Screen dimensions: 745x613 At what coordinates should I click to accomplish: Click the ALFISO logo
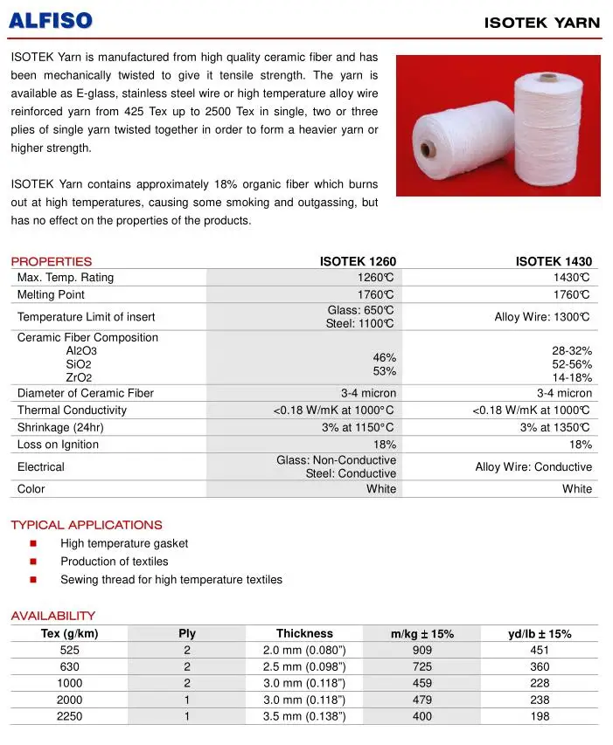pos(51,20)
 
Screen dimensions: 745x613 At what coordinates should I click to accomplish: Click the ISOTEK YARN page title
pos(542,23)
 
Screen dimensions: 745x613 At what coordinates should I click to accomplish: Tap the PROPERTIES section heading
pos(51,261)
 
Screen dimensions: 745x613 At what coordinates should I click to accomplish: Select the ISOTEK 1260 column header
pos(358,261)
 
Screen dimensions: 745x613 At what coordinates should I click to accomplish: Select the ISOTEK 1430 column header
pos(554,261)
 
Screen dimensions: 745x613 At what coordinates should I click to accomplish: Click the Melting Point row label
pos(51,295)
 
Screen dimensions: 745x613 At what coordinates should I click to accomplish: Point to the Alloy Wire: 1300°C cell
pos(542,317)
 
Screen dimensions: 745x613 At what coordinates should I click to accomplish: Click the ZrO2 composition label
pos(80,377)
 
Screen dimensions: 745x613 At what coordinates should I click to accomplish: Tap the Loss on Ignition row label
pos(58,445)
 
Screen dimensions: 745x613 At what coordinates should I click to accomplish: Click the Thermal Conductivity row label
pos(72,410)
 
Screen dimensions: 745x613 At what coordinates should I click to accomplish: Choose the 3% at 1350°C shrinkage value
pos(555,428)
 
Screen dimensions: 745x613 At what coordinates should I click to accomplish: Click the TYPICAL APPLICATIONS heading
pos(86,525)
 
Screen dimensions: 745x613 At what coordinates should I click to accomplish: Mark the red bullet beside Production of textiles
pos(33,562)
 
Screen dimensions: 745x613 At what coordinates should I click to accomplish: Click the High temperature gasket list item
pos(124,543)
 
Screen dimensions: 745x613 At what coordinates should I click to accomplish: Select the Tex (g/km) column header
pos(69,633)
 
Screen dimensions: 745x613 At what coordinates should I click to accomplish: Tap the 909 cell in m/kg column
pos(421,650)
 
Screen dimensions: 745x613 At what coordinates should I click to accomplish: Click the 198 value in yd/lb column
pos(540,716)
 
